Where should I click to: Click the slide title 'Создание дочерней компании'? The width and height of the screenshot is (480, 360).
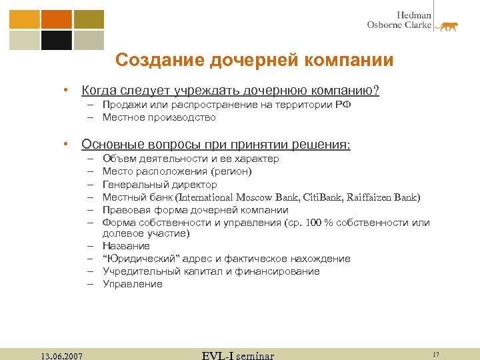tap(254, 61)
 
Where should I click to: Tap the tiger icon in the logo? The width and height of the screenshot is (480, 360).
tap(447, 26)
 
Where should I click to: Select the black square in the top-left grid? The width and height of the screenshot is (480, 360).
tap(56, 40)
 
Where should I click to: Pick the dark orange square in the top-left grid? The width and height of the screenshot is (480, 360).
tap(56, 19)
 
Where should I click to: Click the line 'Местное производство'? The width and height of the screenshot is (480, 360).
tap(159, 117)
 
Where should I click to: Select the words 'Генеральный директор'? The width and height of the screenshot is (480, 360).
tap(159, 184)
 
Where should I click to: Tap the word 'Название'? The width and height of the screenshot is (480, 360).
tap(126, 246)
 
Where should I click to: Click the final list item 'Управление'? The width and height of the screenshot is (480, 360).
tap(132, 284)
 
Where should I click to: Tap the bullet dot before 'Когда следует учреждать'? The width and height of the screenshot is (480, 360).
tap(66, 90)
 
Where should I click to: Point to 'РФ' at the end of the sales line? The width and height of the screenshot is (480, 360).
tap(342, 105)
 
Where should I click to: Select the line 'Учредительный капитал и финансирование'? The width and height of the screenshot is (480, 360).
tap(211, 271)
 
